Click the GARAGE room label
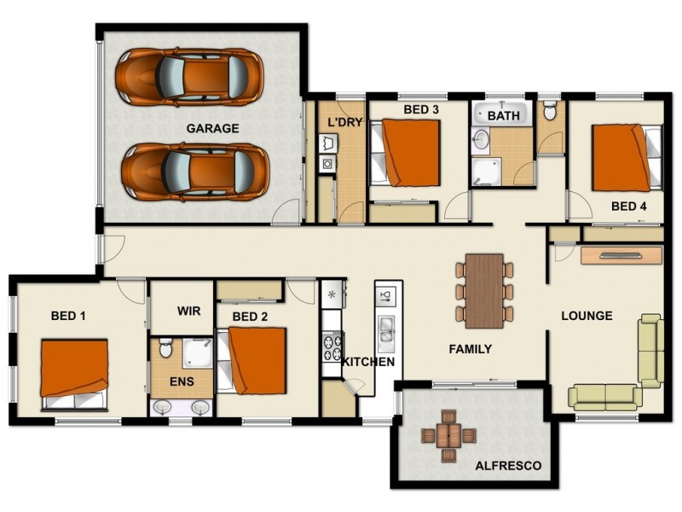tap(212, 129)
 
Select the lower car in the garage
tap(192, 171)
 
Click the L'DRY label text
tap(346, 122)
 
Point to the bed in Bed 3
tap(406, 153)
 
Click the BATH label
tap(504, 115)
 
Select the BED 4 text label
tap(629, 207)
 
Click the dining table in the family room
tap(484, 289)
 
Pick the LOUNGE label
tap(587, 316)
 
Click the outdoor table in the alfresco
tap(445, 434)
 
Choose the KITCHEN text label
tap(368, 362)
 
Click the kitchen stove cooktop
tap(331, 346)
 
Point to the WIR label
tap(188, 311)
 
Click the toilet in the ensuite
tap(166, 348)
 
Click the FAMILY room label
tap(471, 349)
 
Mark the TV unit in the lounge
tap(621, 254)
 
